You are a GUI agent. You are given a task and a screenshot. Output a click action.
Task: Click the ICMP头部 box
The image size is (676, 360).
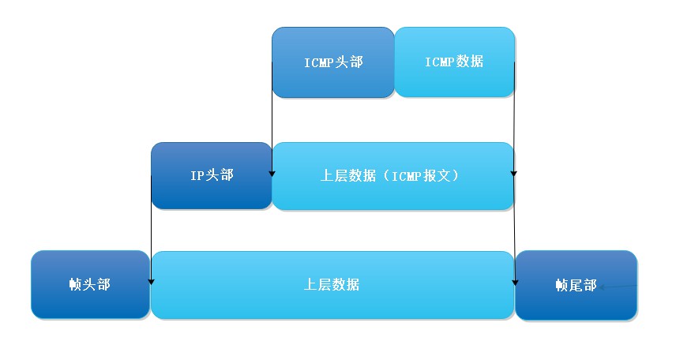coord(332,62)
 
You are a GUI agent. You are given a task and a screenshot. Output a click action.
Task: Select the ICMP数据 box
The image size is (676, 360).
coord(454,62)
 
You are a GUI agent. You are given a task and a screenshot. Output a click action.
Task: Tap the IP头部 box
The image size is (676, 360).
coord(211,175)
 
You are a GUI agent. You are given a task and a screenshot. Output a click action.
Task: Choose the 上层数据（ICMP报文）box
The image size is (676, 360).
coord(392,175)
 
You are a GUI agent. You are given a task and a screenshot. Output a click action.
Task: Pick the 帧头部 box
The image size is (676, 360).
coord(89,285)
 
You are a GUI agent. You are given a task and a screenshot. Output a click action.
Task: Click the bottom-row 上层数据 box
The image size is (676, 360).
coord(332,285)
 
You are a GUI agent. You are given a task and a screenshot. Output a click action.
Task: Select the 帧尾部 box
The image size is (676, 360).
coord(576,285)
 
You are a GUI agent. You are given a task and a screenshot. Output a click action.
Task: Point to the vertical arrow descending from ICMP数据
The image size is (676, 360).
coord(515,118)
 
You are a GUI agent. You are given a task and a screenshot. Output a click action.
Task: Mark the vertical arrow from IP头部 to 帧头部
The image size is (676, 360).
coord(151,237)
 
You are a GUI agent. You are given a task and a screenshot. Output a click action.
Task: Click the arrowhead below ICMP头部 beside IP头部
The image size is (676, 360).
coord(272,172)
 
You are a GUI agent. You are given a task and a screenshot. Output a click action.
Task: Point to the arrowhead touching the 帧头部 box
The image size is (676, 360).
coord(151,281)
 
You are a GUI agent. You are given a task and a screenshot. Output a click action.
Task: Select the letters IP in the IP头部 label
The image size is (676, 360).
coord(197,175)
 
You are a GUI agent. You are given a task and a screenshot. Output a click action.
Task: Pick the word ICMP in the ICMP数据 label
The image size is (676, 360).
coord(440,62)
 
